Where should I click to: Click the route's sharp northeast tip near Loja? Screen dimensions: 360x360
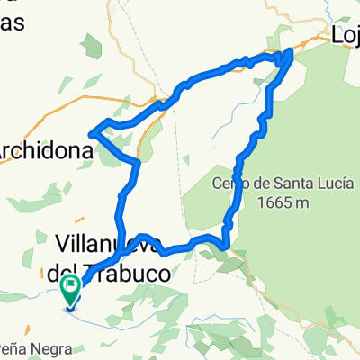coord(290,56)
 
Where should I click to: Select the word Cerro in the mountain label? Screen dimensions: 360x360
coord(230,185)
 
